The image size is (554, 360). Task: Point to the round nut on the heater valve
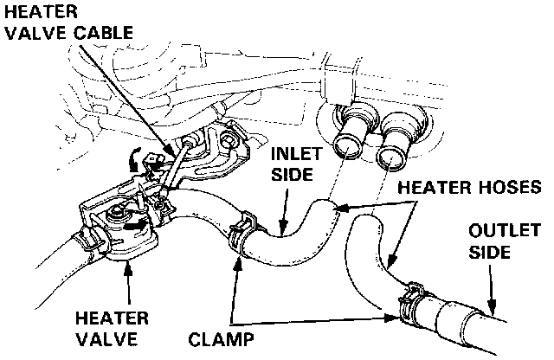[115, 213]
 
